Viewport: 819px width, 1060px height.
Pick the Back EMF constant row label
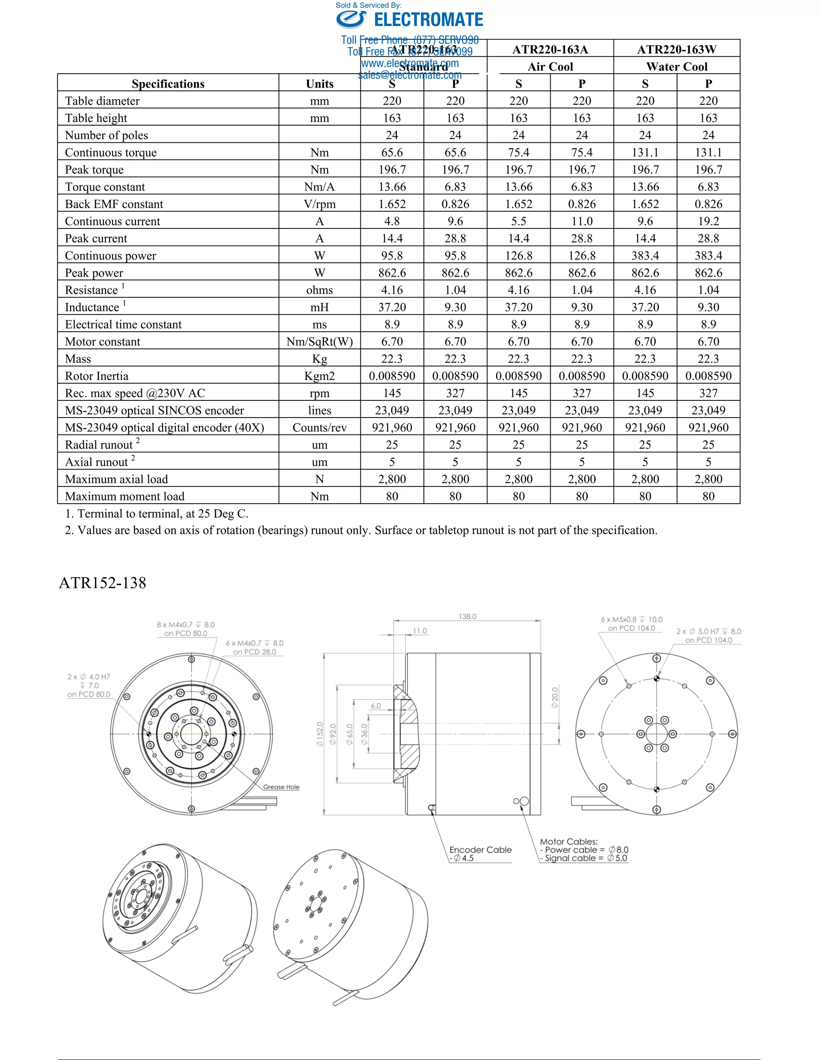click(x=114, y=204)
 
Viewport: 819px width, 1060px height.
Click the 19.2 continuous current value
click(x=708, y=221)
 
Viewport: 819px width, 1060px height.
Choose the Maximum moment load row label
click(x=125, y=496)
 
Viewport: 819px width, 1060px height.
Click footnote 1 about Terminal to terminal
click(x=157, y=514)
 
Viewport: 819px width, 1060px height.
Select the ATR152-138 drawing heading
click(x=102, y=583)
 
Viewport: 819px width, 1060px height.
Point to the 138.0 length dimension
click(x=467, y=616)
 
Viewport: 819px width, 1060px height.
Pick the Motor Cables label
click(x=569, y=842)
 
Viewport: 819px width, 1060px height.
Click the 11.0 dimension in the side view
click(x=419, y=631)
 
